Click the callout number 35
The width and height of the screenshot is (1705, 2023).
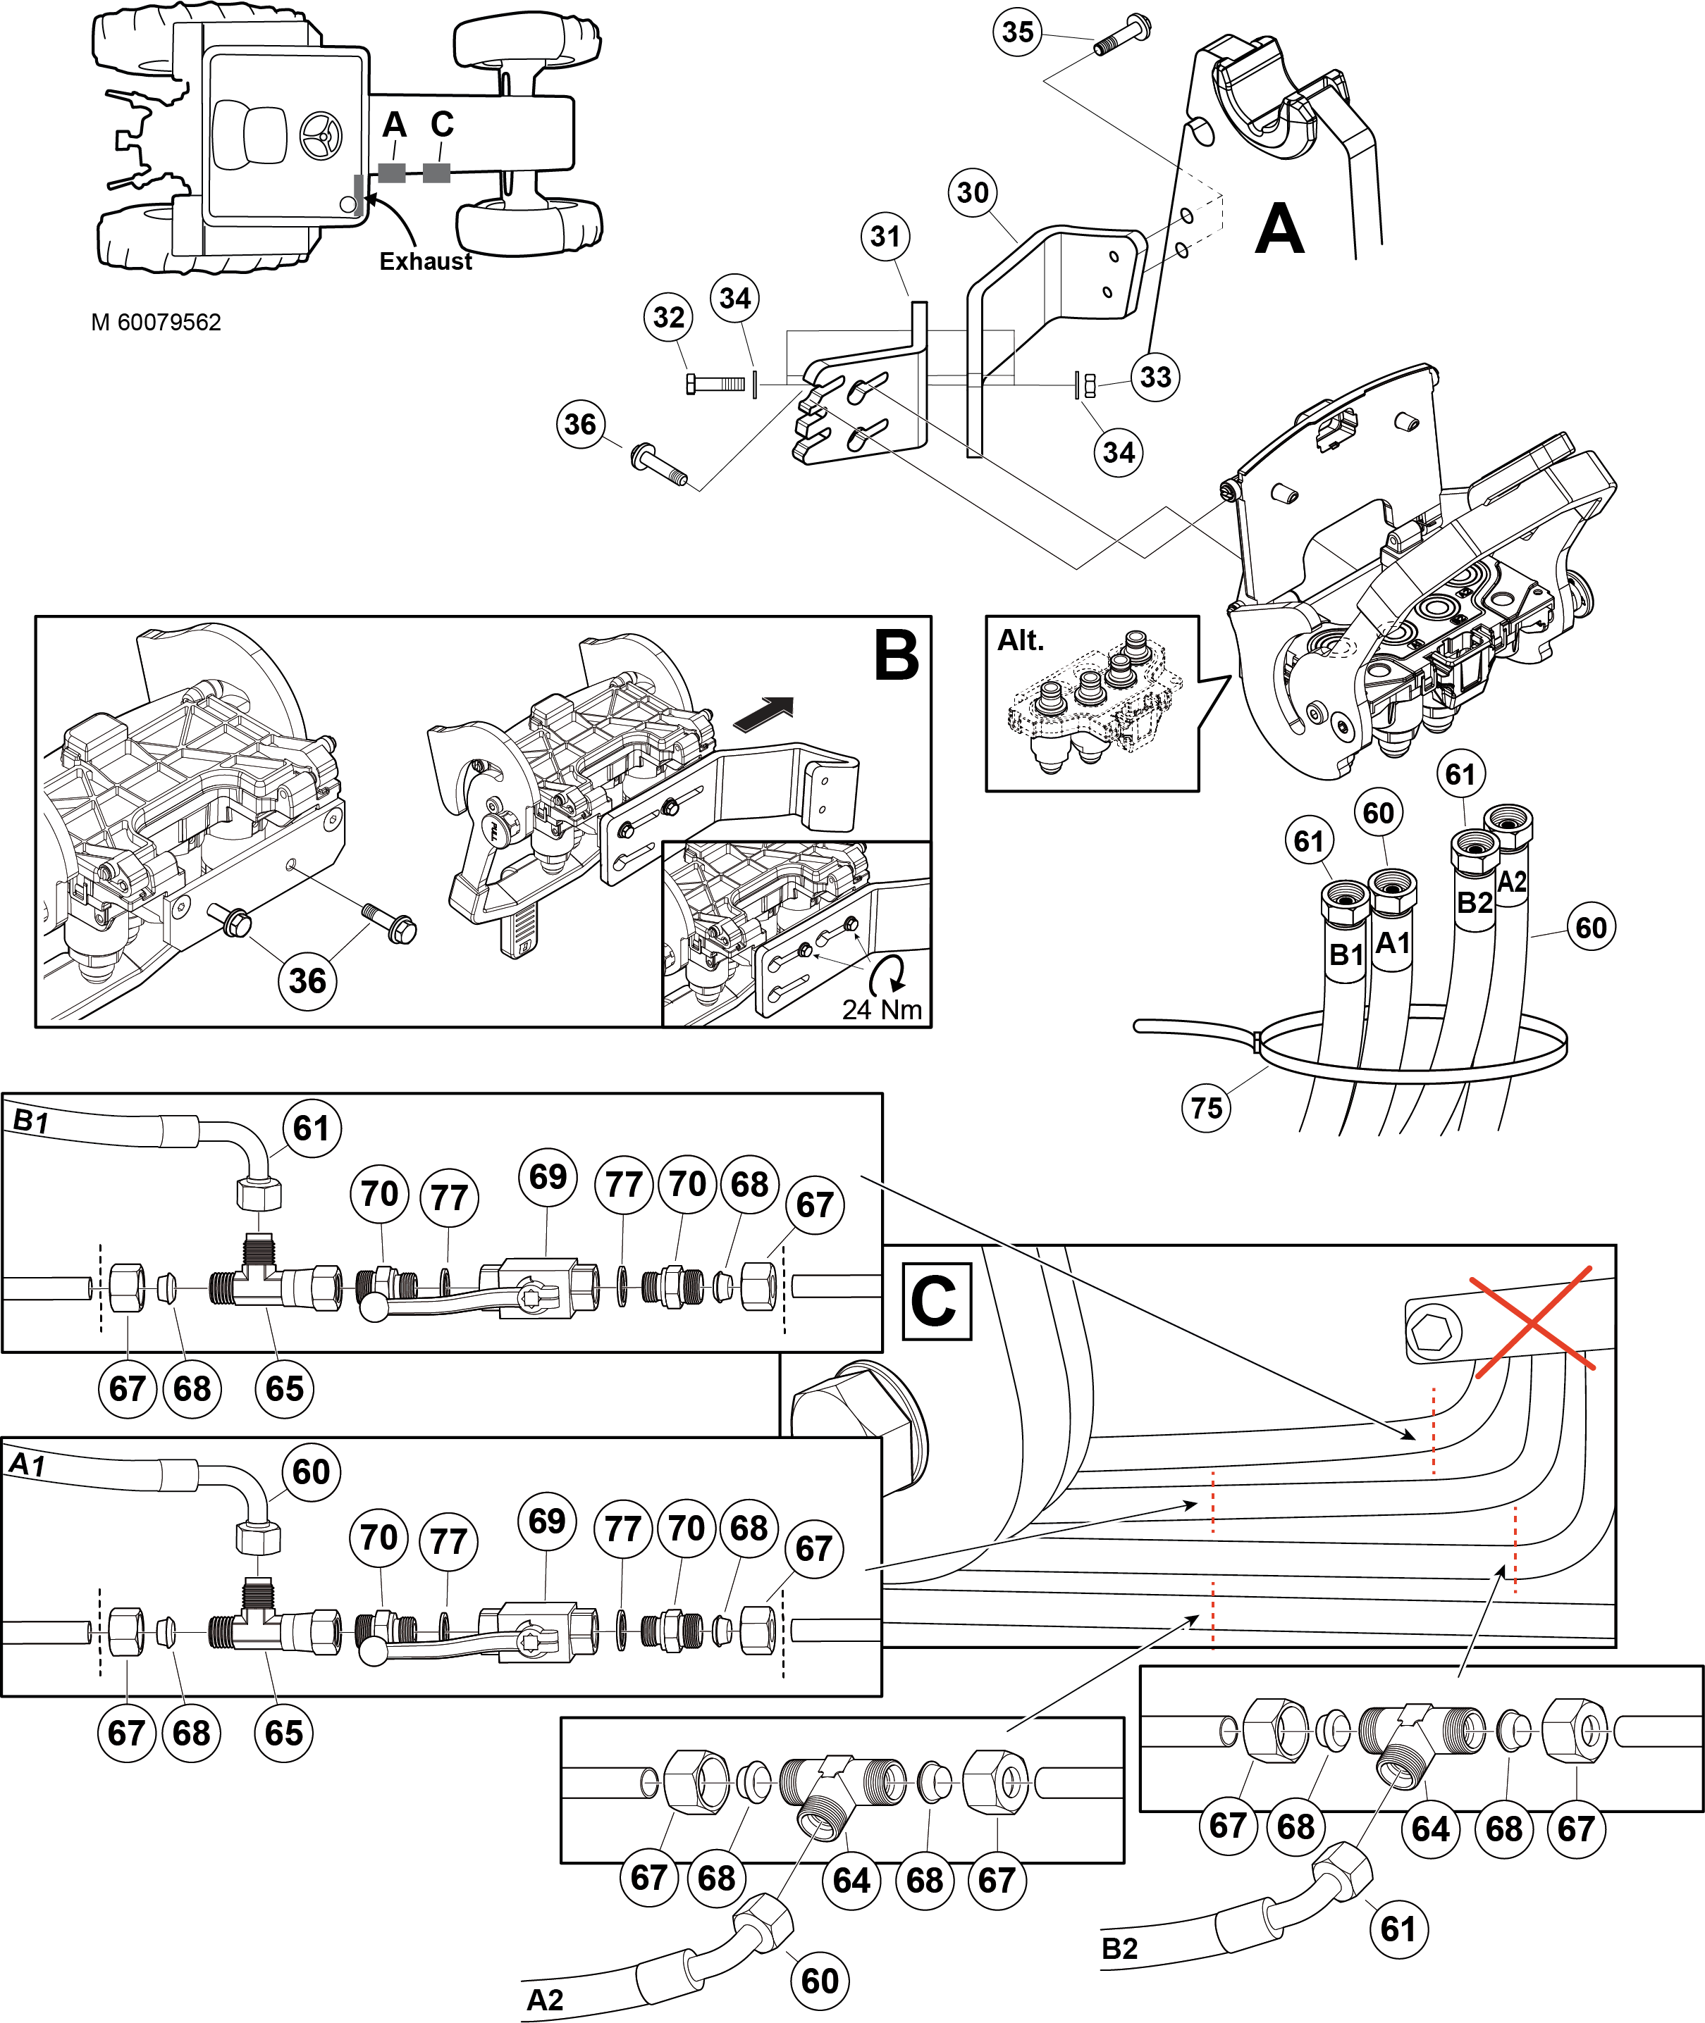pyautogui.click(x=1018, y=32)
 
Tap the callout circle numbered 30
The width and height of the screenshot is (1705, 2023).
pyautogui.click(x=973, y=192)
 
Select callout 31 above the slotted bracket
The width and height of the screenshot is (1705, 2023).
pyautogui.click(x=885, y=236)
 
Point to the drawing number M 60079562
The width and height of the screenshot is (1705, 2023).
pyautogui.click(x=156, y=323)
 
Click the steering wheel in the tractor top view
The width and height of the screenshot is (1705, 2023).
pyautogui.click(x=321, y=136)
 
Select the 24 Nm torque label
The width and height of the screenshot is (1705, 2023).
pyautogui.click(x=882, y=1009)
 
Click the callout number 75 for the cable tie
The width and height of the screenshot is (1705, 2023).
pyautogui.click(x=1206, y=1107)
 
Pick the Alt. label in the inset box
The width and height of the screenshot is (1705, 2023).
pyautogui.click(x=1021, y=640)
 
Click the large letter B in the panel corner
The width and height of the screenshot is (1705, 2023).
pyautogui.click(x=895, y=656)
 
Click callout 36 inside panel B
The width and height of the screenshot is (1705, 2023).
pyautogui.click(x=307, y=981)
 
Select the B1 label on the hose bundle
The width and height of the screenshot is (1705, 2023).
pyautogui.click(x=1346, y=954)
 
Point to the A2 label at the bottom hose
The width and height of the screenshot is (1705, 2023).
pyautogui.click(x=544, y=1999)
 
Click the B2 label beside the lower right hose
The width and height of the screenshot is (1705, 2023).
pyautogui.click(x=1119, y=1948)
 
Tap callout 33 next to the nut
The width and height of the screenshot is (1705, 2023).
pyautogui.click(x=1155, y=377)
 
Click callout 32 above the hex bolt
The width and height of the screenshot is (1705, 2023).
pyautogui.click(x=669, y=317)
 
